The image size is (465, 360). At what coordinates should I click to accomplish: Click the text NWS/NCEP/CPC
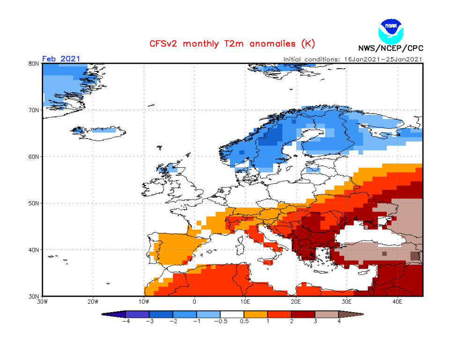click(390, 47)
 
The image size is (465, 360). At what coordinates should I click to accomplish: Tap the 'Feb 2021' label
click(61, 59)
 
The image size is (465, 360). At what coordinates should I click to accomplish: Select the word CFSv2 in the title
click(163, 44)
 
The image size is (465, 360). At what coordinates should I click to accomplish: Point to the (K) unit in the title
click(307, 44)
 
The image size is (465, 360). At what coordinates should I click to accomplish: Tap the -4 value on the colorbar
click(125, 322)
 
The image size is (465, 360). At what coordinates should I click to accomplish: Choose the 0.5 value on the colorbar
click(244, 322)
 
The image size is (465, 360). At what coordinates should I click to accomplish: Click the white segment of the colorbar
click(232, 314)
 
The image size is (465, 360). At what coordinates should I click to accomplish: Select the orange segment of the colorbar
click(256, 314)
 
